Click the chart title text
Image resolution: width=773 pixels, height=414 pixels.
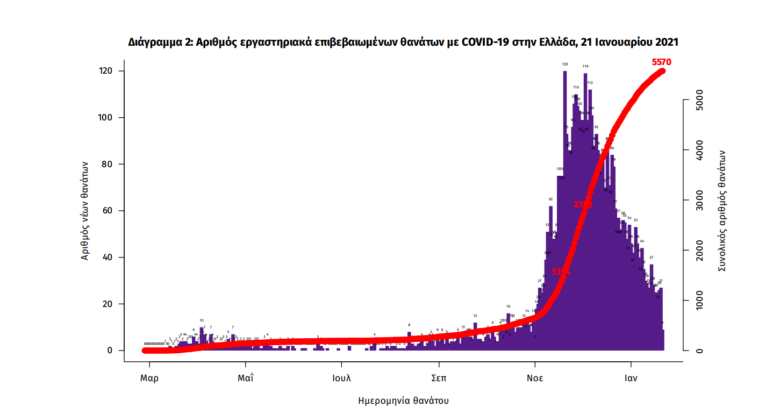[403, 42]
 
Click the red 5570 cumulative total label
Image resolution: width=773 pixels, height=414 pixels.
[661, 62]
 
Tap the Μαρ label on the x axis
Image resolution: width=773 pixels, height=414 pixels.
[149, 378]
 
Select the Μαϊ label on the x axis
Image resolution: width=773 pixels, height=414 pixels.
[245, 378]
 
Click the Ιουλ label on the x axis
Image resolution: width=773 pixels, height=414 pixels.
[341, 378]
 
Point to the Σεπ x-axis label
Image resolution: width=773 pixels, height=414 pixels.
[439, 378]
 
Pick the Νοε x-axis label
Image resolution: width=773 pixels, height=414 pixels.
[534, 378]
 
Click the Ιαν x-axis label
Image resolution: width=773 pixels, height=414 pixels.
[631, 378]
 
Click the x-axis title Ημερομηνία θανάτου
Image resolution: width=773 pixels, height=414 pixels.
[403, 401]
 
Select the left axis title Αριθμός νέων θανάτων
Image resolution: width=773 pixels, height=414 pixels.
[84, 211]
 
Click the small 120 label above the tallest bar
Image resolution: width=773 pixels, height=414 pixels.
[565, 65]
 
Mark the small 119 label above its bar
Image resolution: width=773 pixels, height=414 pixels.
[585, 67]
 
